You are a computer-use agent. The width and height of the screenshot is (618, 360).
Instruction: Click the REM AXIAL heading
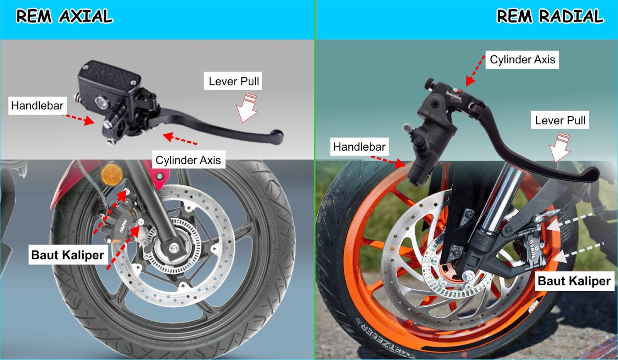64,17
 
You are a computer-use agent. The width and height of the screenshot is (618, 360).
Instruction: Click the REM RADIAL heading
550,17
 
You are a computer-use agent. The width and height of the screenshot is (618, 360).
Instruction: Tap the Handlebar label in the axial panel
37,105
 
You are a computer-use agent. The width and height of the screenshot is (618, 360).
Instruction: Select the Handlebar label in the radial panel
359,147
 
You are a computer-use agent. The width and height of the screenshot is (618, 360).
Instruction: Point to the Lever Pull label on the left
234,82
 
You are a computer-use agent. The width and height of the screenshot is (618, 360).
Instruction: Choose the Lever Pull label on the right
560,121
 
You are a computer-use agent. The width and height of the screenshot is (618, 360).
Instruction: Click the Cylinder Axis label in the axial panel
188,160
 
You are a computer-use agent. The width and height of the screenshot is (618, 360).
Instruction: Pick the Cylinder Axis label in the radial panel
522,59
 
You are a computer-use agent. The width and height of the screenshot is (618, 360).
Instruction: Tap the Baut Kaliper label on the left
68,255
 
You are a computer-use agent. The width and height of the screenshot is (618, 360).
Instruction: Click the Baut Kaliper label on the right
574,281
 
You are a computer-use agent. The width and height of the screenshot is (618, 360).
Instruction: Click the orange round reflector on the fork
112,175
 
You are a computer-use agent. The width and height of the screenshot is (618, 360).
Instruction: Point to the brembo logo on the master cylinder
454,95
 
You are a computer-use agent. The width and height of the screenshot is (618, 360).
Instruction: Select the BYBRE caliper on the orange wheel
532,249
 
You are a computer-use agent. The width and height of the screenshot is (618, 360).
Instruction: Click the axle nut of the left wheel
173,248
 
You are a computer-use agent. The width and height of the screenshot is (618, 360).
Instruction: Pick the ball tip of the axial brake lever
277,136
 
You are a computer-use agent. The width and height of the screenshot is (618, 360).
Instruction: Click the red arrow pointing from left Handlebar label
79,119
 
